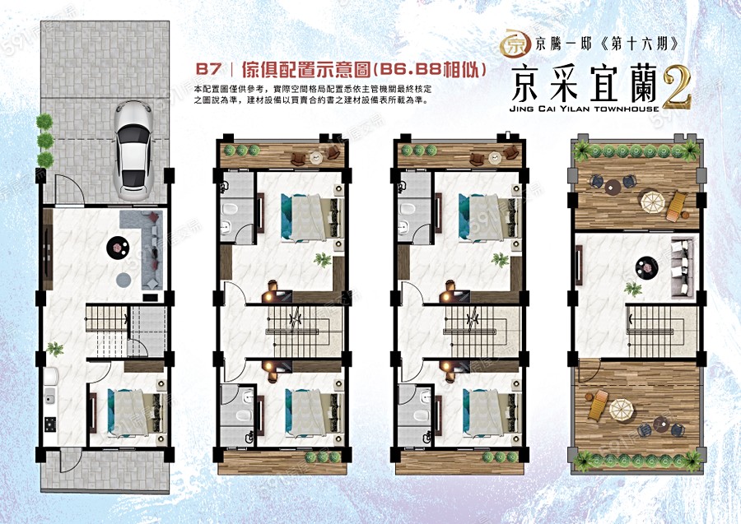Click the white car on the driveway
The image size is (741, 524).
click(x=133, y=150)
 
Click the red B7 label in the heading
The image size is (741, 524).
click(x=208, y=69)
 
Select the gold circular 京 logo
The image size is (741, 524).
click(x=513, y=44)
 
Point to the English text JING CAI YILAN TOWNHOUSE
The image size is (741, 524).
click(x=584, y=109)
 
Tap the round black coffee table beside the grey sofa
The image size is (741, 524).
click(x=117, y=247)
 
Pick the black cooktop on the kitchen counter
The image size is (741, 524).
click(x=50, y=424)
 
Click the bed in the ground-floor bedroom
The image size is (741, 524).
click(x=137, y=412)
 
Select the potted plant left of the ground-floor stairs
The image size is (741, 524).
click(x=55, y=349)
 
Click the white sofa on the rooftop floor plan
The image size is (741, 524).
click(x=683, y=268)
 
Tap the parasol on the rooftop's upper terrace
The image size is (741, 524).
click(x=652, y=202)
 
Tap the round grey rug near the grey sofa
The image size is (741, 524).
click(x=123, y=280)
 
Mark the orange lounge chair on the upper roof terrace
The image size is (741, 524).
click(x=676, y=206)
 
